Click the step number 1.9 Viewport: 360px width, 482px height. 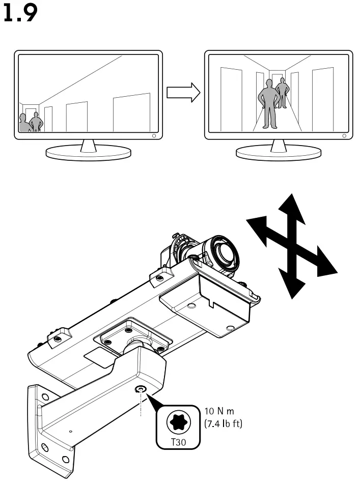20,14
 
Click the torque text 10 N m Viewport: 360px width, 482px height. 219,411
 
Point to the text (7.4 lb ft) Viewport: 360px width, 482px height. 224,423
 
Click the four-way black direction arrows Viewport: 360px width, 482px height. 291,246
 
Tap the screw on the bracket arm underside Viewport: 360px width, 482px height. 140,389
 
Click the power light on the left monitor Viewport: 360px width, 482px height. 154,136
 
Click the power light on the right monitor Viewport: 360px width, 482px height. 345,136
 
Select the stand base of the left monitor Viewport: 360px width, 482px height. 88,152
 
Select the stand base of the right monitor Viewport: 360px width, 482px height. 279,152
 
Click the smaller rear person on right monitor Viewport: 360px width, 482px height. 282,92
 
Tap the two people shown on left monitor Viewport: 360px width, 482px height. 29,122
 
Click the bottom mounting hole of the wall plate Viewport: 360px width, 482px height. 65,460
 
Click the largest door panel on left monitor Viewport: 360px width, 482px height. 131,113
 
